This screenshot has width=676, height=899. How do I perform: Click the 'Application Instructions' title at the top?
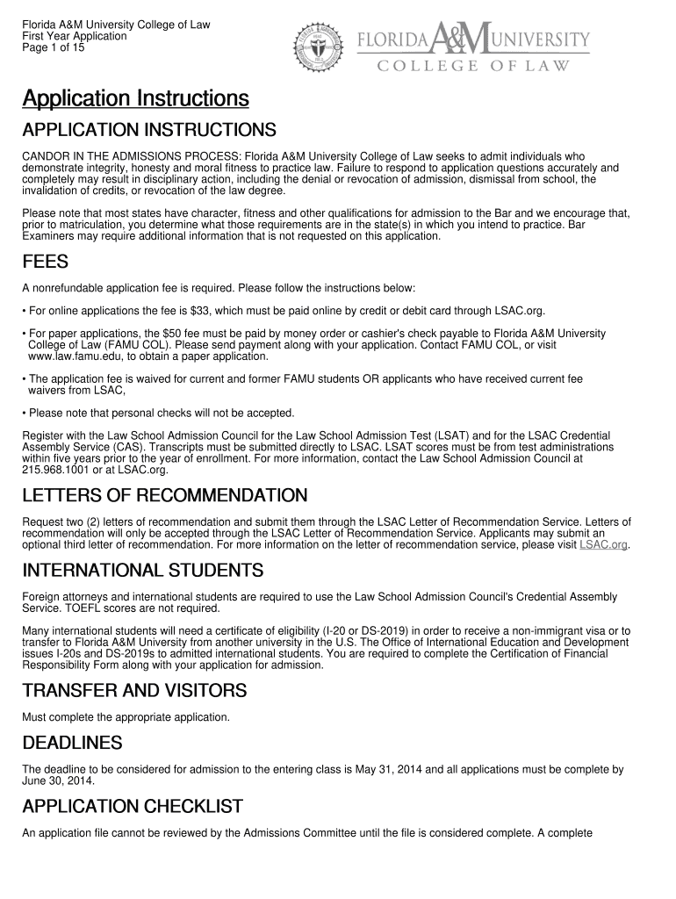tap(135, 97)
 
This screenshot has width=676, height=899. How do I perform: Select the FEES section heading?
tap(45, 263)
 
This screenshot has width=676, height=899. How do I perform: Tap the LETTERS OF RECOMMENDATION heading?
tap(164, 496)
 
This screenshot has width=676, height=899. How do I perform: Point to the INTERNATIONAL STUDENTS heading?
tap(142, 572)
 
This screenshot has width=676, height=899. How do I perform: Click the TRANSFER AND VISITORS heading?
tap(134, 691)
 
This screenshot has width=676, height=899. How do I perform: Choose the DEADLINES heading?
tap(72, 744)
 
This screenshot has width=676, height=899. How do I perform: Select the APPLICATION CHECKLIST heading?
tap(132, 806)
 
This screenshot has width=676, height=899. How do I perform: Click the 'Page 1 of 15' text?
tap(54, 48)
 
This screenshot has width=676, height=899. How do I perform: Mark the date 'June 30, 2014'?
tap(59, 780)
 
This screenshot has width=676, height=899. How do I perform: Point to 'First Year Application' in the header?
tap(75, 37)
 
